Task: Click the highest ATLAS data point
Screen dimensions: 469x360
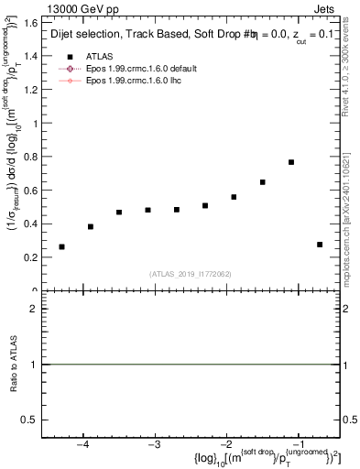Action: [x=290, y=162]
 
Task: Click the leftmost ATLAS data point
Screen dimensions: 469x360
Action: [x=61, y=246]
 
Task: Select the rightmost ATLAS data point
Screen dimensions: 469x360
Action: [x=320, y=245]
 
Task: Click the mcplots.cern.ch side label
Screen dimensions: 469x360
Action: [x=350, y=229]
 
